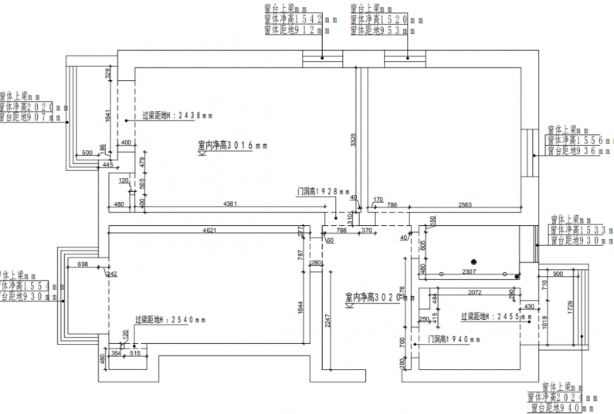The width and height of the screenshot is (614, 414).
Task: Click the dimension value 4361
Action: [x=230, y=203]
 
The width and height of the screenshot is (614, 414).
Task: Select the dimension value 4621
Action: [x=209, y=230]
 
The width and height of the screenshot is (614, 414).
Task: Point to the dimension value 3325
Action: [x=353, y=140]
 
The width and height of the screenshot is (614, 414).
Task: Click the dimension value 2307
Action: [x=469, y=271]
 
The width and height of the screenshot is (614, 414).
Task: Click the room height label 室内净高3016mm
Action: [x=232, y=145]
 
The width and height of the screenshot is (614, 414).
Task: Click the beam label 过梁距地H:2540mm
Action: [x=169, y=320]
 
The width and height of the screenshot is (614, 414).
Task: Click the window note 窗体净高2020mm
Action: [x=31, y=107]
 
